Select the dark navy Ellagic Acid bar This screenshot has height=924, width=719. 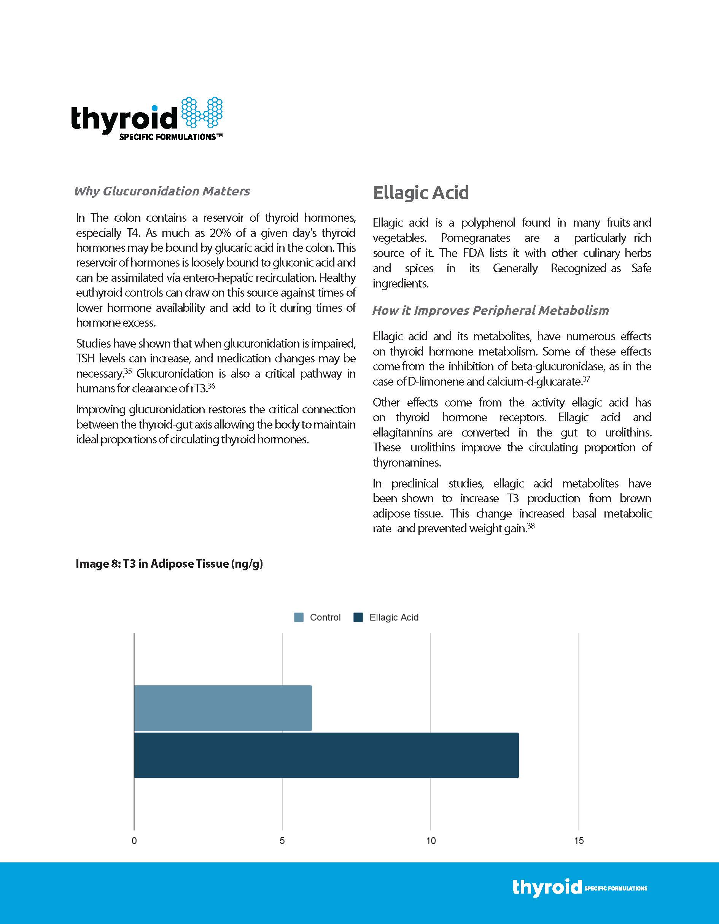pos(326,755)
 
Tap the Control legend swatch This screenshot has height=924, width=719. pos(299,617)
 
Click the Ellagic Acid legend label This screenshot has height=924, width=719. pos(394,617)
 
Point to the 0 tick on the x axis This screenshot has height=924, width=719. pos(134,841)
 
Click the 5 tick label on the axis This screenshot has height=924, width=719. pos(282,841)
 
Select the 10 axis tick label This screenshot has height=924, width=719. pos(430,841)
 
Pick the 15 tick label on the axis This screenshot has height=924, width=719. pos(579,841)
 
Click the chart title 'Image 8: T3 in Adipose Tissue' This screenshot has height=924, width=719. pos(169,564)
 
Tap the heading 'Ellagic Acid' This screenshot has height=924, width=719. pos(421,192)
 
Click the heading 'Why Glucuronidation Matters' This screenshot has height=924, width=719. pos(162,191)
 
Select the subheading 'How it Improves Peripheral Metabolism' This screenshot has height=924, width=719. pos(490,311)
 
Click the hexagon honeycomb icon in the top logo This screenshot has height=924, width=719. pos(202,113)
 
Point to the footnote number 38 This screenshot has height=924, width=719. pos(531,526)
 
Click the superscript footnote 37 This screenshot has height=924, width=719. pos(586,379)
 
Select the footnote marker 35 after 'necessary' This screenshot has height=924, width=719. pos(128,371)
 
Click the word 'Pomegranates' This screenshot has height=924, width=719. pos(475,238)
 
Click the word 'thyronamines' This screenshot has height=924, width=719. pos(406,463)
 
